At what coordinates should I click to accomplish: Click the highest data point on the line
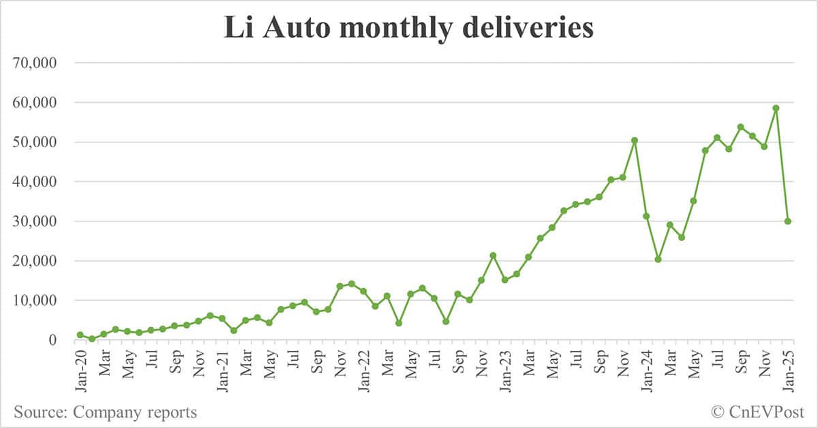(x=776, y=108)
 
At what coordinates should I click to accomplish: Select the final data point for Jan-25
(x=787, y=221)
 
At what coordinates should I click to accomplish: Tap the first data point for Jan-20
(x=80, y=335)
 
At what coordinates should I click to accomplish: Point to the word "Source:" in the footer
(x=40, y=412)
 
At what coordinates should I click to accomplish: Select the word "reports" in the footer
(x=172, y=412)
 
